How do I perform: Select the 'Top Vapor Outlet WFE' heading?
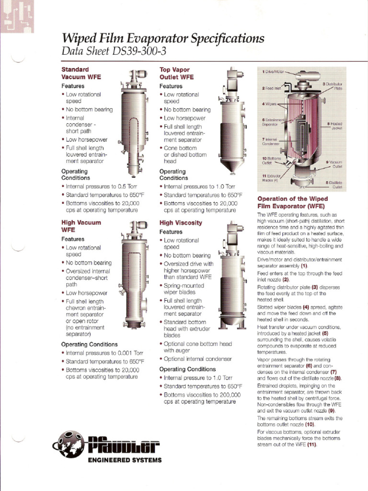point(176,73)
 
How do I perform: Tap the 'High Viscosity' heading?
point(181,223)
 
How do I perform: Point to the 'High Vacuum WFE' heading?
point(81,226)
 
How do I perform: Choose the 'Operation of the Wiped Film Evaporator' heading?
point(292,202)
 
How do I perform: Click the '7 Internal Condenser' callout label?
point(270,141)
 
